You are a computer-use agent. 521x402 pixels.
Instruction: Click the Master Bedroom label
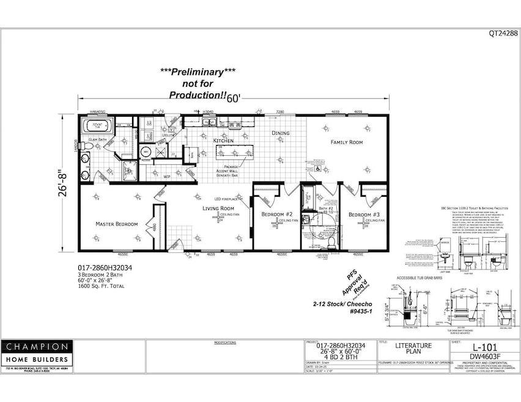coord(116,224)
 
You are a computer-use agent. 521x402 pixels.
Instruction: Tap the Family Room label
coord(347,142)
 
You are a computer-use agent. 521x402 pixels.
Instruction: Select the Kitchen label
coord(223,141)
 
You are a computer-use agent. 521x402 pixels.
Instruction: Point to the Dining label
coord(281,133)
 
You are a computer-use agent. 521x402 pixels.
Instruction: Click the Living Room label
coord(219,208)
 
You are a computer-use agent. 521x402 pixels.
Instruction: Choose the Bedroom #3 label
coord(364,214)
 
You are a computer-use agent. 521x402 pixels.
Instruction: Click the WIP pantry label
coord(166,177)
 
